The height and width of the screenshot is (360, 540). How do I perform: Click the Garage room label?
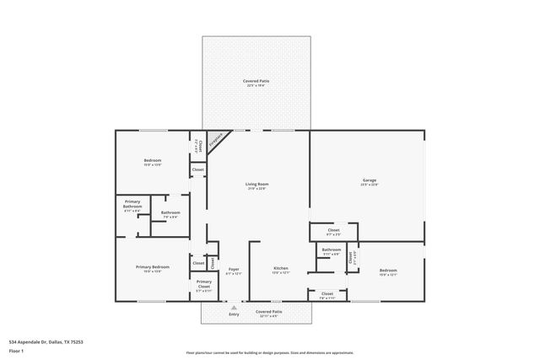point(370,181)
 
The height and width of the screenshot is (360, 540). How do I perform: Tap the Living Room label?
point(256,185)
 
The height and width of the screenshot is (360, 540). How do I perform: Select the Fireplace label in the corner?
point(217,140)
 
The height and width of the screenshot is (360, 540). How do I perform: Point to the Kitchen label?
point(280,270)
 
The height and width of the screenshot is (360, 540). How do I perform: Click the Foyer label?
point(234,270)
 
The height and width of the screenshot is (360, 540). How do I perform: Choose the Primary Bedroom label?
point(153,267)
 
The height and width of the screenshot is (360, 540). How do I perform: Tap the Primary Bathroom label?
point(132,203)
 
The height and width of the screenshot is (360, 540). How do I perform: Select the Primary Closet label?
point(204,284)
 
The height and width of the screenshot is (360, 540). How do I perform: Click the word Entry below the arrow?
point(234,314)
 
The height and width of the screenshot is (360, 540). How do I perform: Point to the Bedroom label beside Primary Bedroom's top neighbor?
point(152,161)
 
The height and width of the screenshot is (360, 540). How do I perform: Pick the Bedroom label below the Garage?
point(388,271)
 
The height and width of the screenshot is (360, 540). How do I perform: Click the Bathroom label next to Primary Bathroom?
point(170,213)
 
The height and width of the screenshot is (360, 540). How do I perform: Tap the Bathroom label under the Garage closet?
point(332,250)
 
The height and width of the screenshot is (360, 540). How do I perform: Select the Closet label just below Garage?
point(333,230)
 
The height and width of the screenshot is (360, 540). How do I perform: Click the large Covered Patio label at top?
point(256,82)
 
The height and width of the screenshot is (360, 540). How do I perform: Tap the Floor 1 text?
point(16,350)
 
